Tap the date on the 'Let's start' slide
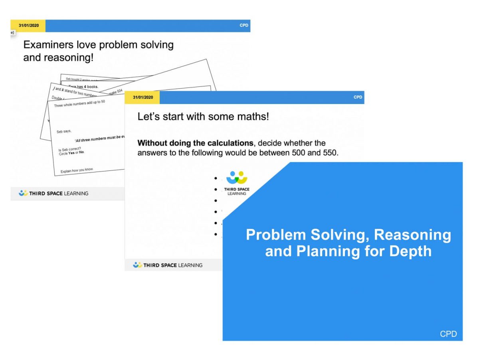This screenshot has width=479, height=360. point(143,97)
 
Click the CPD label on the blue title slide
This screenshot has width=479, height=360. point(448,334)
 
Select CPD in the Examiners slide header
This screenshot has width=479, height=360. point(243,26)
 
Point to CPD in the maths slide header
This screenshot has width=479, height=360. point(358,97)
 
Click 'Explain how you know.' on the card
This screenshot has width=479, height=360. point(77,170)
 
